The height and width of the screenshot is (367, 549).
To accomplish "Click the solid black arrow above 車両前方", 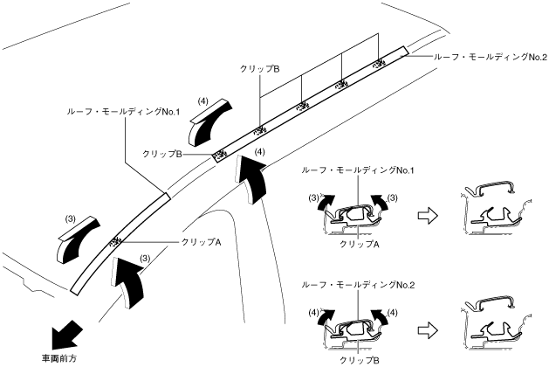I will [67, 332].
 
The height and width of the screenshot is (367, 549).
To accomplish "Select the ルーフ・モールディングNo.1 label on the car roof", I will [123, 112].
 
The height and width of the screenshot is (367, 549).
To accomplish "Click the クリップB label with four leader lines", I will [259, 67].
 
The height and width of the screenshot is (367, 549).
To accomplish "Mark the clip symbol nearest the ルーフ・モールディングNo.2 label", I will [379, 63].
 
